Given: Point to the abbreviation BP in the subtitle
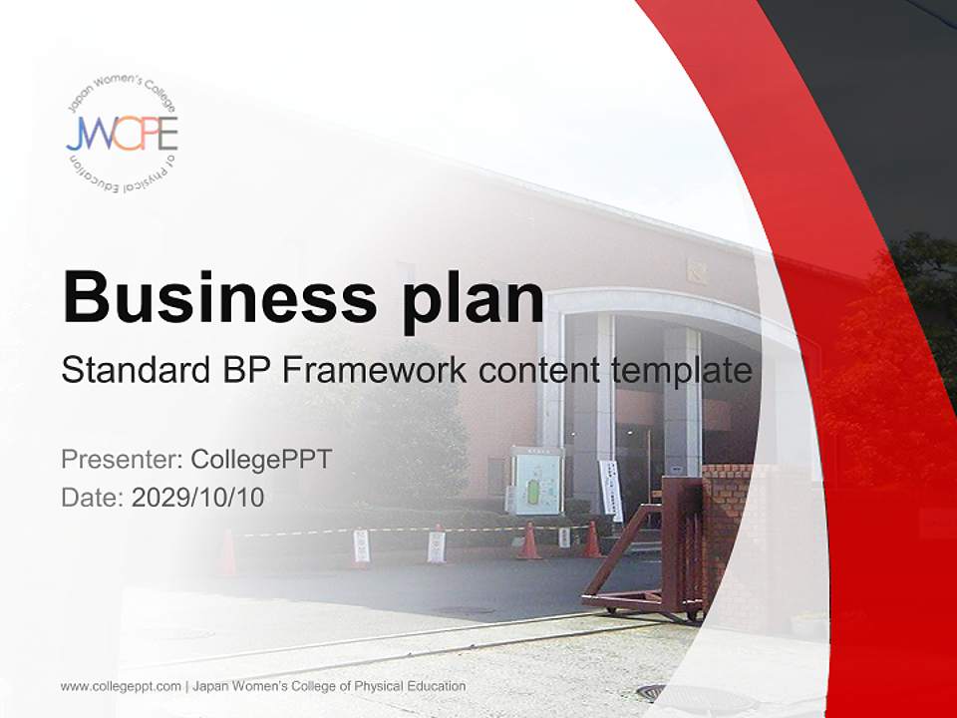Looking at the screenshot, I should tap(244, 371).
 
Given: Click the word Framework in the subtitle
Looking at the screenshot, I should tap(374, 371).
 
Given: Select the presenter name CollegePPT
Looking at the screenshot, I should tap(261, 460).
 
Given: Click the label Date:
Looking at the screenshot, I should tap(93, 497).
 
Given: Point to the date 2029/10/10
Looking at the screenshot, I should tap(198, 497).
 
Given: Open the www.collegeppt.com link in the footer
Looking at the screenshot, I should tap(121, 686).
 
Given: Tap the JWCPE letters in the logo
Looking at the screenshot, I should tap(122, 134).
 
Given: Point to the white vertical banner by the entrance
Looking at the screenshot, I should tap(610, 489).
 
